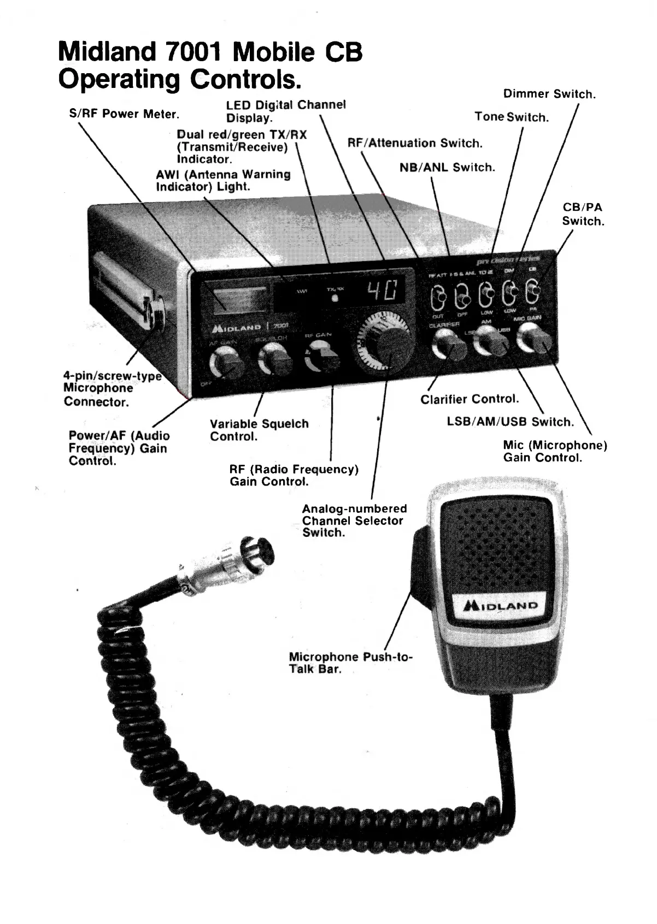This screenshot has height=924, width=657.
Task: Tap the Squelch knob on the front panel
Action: (274, 360)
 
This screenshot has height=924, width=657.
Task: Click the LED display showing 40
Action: (384, 291)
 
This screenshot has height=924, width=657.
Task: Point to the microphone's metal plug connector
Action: (230, 565)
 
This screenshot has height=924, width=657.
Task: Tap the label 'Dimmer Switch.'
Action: (549, 94)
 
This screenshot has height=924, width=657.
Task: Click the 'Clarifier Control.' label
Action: (470, 399)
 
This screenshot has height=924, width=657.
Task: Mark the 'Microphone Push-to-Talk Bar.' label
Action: (350, 663)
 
